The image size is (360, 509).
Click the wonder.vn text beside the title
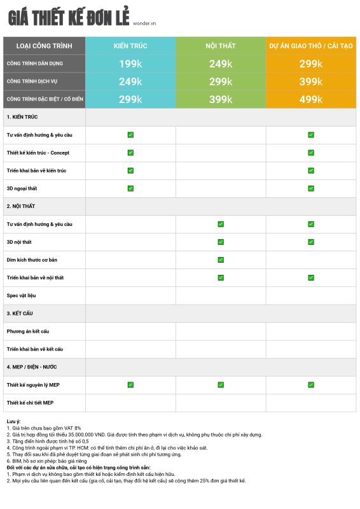pyautogui.click(x=144, y=24)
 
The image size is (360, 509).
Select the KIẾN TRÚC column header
pyautogui.click(x=130, y=46)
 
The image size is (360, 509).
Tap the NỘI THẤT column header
pyautogui.click(x=221, y=46)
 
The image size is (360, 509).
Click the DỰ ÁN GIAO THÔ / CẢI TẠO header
pyautogui.click(x=311, y=46)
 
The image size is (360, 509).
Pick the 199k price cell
pyautogui.click(x=130, y=64)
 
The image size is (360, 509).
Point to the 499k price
pyautogui.click(x=311, y=99)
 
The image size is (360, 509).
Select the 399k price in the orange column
pyautogui.click(x=311, y=81)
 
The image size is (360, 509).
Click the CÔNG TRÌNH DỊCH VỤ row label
pyautogui.click(x=32, y=81)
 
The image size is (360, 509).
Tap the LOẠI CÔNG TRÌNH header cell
pyautogui.click(x=44, y=46)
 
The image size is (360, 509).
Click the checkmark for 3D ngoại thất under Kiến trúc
pyautogui.click(x=130, y=188)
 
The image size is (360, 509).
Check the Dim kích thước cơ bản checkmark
pyautogui.click(x=221, y=260)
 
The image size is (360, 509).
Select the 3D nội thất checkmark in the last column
pyautogui.click(x=311, y=242)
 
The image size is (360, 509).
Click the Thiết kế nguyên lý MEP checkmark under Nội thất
pyautogui.click(x=221, y=385)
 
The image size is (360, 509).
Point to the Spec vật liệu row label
pyautogui.click(x=21, y=295)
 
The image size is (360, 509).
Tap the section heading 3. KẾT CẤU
pyautogui.click(x=20, y=313)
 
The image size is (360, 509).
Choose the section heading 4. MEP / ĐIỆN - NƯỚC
pyautogui.click(x=32, y=367)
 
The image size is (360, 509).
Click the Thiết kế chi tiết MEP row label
pyautogui.click(x=30, y=403)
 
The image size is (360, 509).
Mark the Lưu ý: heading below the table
pyautogui.click(x=13, y=421)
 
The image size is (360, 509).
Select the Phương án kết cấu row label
pyautogui.click(x=28, y=331)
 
